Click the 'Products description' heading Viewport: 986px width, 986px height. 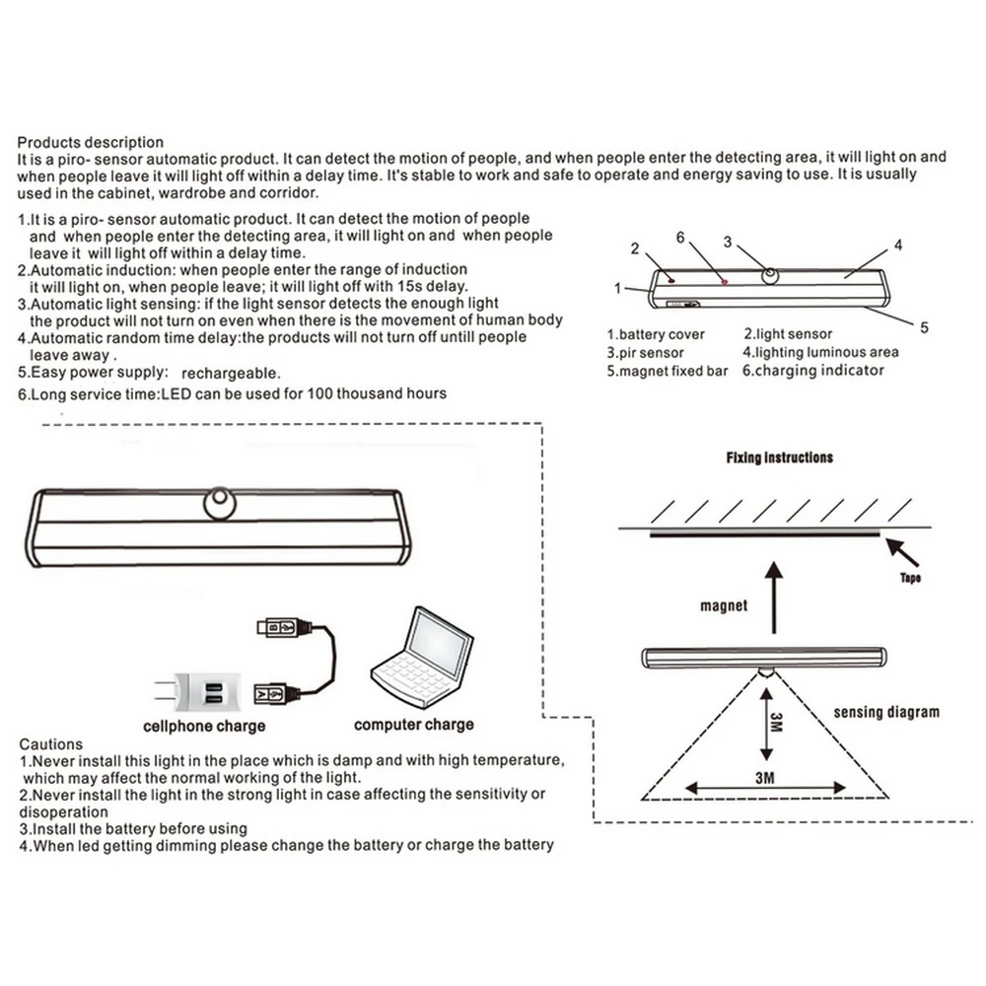[x=91, y=142]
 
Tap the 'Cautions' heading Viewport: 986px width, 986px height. [x=51, y=744]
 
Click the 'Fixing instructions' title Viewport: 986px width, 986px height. [x=779, y=458]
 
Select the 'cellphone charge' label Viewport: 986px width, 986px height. [x=204, y=726]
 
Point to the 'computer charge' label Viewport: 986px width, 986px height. [x=413, y=725]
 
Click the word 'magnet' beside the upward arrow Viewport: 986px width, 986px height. [x=724, y=605]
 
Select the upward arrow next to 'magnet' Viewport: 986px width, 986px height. [x=775, y=597]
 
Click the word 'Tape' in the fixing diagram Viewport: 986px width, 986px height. [x=910, y=578]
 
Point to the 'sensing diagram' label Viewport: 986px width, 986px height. [x=886, y=711]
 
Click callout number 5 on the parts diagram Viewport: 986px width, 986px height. [x=924, y=328]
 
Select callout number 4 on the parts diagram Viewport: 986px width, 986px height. [x=898, y=245]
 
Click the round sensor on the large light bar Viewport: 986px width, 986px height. [x=220, y=504]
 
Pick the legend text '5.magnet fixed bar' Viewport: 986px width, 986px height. [x=667, y=371]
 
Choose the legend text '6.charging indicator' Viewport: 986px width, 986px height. [x=813, y=371]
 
